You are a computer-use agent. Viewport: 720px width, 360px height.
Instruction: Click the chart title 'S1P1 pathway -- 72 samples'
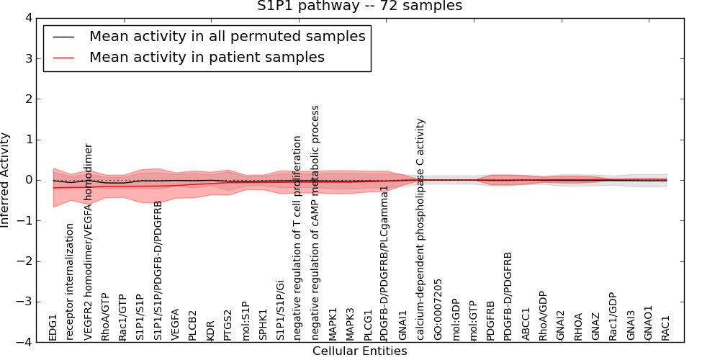point(360,6)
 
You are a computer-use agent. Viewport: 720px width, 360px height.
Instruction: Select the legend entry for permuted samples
point(227,36)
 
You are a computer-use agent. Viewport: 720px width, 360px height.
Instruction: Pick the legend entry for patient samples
point(207,57)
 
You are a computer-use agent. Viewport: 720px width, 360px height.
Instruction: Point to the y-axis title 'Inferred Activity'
point(6,180)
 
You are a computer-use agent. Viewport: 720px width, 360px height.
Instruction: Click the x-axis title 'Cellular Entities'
point(359,351)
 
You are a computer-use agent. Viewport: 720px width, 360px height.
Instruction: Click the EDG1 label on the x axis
point(53,327)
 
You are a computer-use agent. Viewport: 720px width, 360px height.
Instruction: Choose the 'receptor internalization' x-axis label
point(70,282)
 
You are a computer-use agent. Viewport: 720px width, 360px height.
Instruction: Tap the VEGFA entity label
point(175,325)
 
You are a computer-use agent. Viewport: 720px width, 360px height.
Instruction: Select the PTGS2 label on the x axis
point(228,325)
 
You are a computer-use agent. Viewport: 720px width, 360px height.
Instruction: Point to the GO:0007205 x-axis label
point(438,310)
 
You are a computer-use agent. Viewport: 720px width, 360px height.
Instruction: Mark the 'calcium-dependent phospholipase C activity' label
point(420,230)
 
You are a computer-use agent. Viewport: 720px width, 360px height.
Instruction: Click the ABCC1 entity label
point(526,325)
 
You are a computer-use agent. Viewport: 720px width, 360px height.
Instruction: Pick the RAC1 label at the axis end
point(665,328)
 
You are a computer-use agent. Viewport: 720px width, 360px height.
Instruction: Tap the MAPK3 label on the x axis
point(350,325)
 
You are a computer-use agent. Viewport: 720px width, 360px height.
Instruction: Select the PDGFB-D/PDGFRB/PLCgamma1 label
point(385,263)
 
